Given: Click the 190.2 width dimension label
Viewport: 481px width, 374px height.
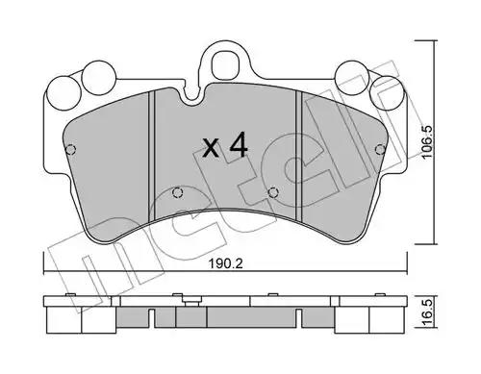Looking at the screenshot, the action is (225, 264).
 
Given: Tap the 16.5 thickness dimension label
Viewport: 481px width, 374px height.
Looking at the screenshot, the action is (428, 310).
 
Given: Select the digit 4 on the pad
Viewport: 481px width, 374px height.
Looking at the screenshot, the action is (239, 144).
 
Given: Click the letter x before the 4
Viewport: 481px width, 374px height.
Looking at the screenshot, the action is (212, 148).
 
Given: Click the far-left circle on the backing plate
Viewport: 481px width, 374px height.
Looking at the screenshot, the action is (63, 93).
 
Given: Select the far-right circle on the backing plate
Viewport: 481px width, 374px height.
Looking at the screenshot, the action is (386, 93).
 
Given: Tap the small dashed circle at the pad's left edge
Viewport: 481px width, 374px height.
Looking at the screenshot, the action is (71, 149).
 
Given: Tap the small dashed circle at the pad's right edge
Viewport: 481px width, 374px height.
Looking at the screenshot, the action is (380, 149).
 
